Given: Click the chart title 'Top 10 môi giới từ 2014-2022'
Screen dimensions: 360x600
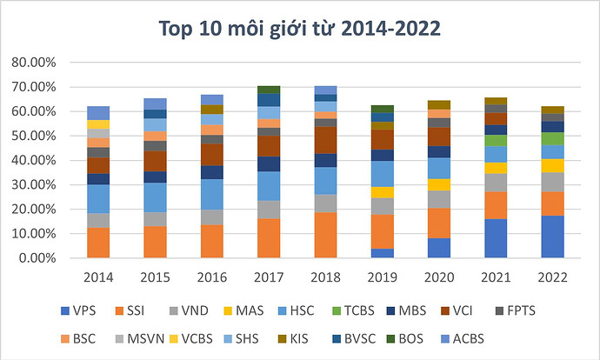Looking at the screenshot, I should [299, 29].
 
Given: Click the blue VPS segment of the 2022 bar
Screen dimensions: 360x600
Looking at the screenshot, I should [552, 237].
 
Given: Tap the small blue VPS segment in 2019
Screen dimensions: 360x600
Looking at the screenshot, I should [382, 253].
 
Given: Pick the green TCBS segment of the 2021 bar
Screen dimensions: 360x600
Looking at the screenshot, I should [496, 140].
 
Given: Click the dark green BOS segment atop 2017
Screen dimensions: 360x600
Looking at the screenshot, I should [269, 90].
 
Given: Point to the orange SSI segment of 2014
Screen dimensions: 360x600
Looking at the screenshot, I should [98, 243].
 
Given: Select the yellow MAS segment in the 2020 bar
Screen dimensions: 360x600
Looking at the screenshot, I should [439, 184].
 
